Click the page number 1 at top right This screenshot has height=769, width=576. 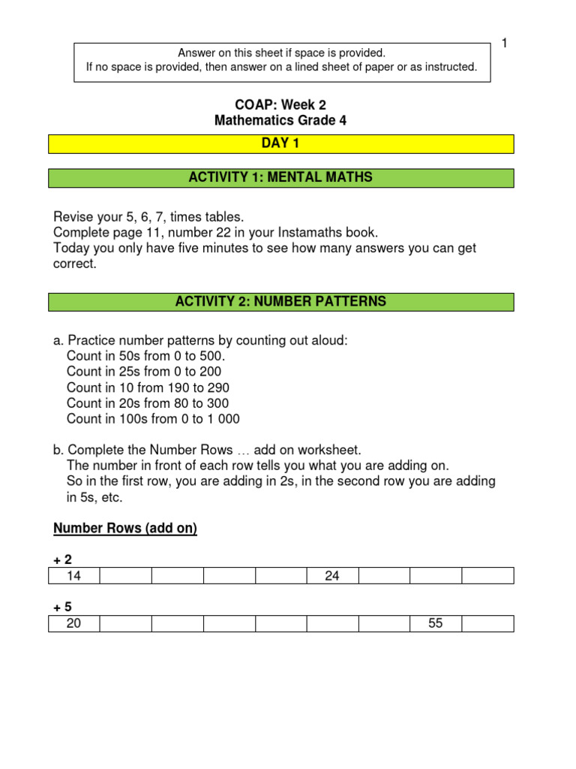[x=505, y=44]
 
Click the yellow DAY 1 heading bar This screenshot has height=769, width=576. [x=281, y=143]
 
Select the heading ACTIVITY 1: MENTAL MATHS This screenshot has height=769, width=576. [x=281, y=178]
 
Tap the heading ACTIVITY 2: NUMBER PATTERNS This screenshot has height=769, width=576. [x=281, y=302]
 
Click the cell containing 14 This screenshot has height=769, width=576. [x=73, y=576]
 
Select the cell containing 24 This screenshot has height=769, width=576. [x=332, y=576]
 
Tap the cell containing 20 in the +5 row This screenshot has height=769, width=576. [x=73, y=624]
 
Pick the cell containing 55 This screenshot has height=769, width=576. [x=436, y=624]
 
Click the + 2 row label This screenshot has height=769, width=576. [x=63, y=559]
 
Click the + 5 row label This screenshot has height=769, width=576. [x=63, y=607]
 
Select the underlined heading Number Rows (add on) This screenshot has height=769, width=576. [x=125, y=529]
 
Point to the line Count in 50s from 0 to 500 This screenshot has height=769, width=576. [x=145, y=356]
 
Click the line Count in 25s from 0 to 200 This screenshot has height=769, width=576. [x=144, y=372]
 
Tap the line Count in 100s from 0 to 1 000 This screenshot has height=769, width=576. [x=153, y=419]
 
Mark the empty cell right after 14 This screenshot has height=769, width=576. [x=125, y=576]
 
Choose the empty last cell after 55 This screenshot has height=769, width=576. [x=487, y=624]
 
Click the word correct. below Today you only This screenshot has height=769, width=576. [x=75, y=264]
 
